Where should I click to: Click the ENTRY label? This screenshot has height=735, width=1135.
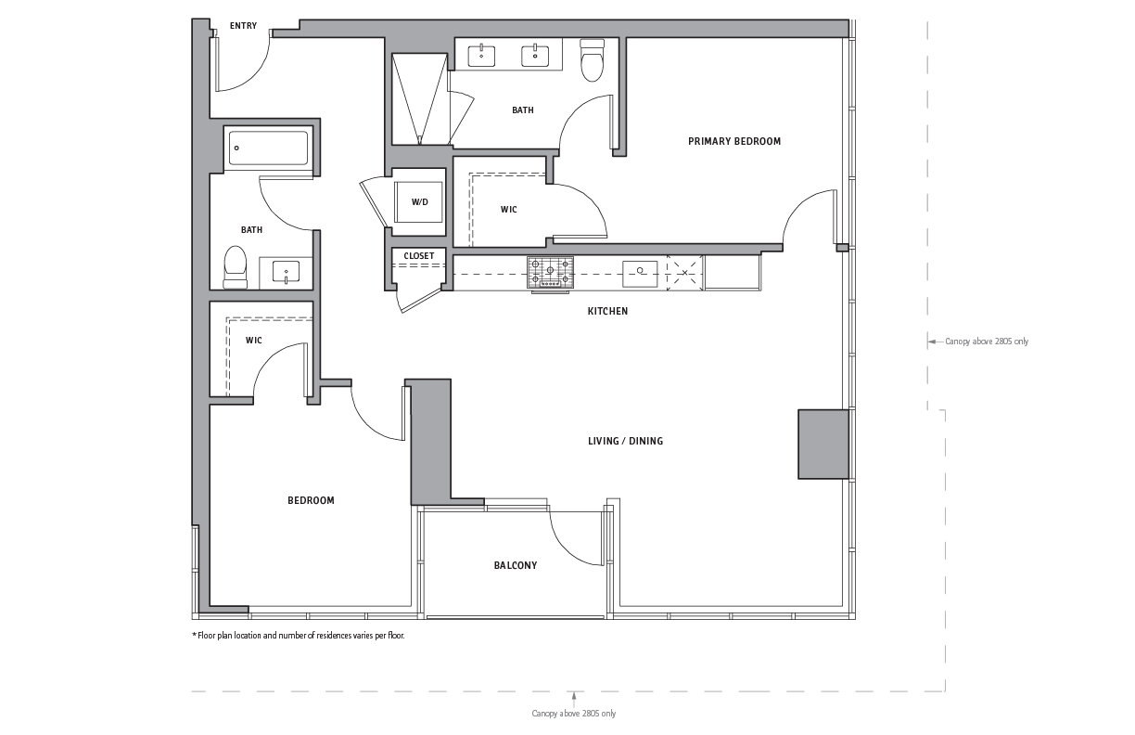pos(243,26)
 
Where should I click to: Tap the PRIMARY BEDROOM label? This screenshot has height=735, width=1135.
pos(734,141)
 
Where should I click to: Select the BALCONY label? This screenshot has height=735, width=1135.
pos(516,565)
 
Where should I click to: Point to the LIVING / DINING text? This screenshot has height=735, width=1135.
pos(625,442)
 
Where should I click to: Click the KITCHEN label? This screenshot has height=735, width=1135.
pos(607,311)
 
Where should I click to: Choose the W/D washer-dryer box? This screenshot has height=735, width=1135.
pos(418,202)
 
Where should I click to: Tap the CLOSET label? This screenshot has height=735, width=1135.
pos(419,255)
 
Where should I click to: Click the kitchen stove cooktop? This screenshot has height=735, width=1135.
pos(550,273)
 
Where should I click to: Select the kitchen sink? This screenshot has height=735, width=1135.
pos(640,274)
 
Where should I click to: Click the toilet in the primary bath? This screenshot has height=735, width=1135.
pos(592,60)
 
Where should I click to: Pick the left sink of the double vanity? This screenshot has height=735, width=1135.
pos(481,56)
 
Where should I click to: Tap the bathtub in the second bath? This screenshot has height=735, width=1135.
pos(268,148)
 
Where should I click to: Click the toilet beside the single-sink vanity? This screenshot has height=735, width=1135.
pos(236,267)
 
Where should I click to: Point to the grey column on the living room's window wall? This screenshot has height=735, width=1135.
pos(823,445)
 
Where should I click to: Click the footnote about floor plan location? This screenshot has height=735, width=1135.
pos(298,636)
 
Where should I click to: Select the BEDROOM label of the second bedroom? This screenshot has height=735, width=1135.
pos(312,500)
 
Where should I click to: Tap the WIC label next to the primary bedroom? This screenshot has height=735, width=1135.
pos(509,210)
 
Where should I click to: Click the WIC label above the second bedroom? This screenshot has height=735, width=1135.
pos(254,341)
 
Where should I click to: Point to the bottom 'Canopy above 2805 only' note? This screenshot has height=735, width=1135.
pos(574,714)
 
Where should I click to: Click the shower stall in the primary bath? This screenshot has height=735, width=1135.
pos(419,99)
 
